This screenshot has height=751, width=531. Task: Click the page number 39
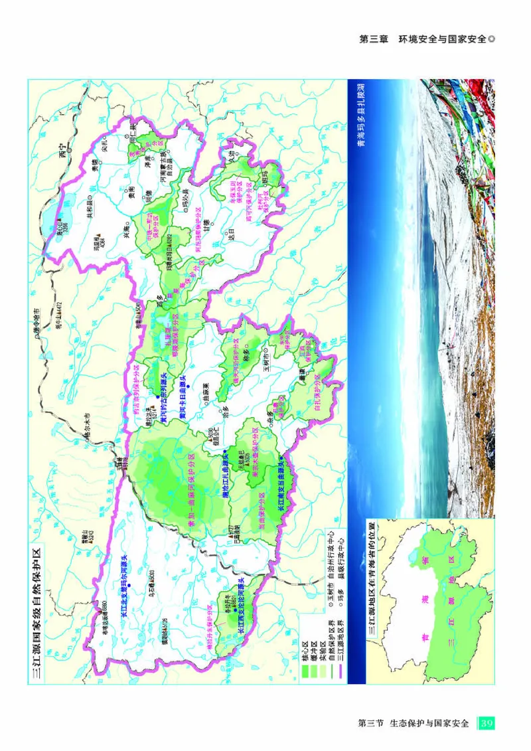487,722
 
